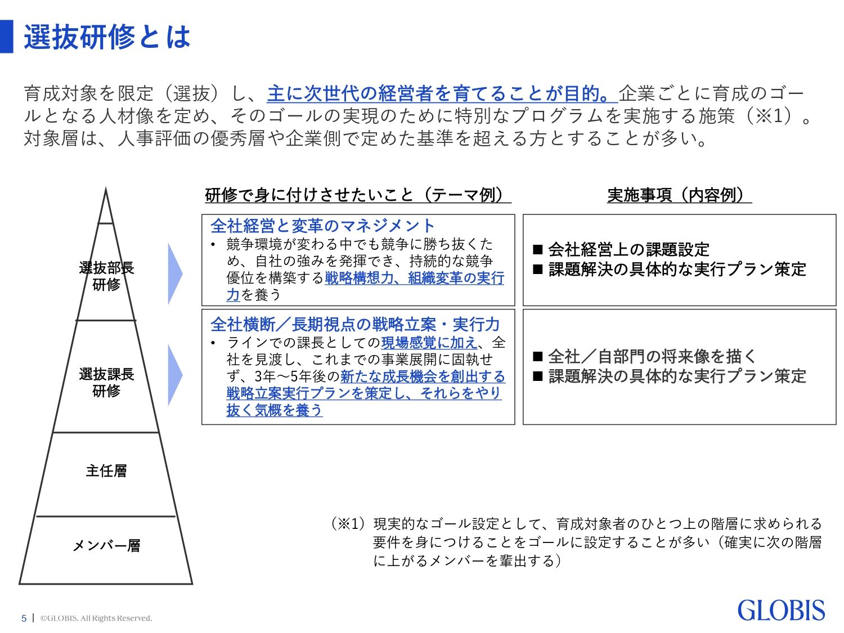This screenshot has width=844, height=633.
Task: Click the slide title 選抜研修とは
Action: pos(107,37)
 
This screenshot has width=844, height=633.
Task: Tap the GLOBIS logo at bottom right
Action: pos(780,610)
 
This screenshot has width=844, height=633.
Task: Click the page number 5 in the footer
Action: pos(24,618)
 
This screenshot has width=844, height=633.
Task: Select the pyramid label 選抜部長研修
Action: pos(106,276)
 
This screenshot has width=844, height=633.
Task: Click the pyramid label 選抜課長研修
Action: pos(106,382)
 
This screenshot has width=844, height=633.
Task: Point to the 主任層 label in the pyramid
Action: pos(106,470)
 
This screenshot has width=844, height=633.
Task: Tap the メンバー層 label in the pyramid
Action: pos(106,545)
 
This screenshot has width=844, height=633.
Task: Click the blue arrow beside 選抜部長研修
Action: pos(175,274)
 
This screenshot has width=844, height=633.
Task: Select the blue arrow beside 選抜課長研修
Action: pos(175,375)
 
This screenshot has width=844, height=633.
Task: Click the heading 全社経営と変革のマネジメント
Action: pos(322,226)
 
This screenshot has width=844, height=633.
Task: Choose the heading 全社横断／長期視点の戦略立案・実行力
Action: pos(355,324)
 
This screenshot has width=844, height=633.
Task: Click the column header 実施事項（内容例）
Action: pos(679,195)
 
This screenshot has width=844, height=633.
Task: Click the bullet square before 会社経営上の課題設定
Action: pos(537,249)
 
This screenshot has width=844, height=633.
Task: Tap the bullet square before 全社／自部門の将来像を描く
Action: pos(537,356)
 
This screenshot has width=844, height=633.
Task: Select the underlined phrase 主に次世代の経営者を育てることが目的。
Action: pos(442,93)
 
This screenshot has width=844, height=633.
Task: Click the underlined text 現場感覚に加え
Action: pos(429,342)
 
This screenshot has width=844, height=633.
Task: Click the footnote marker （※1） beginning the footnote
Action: pos(349,524)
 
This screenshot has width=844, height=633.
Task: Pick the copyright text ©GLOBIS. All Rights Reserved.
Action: pos(96,618)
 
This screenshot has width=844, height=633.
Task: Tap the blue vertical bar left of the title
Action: pos(6,37)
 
